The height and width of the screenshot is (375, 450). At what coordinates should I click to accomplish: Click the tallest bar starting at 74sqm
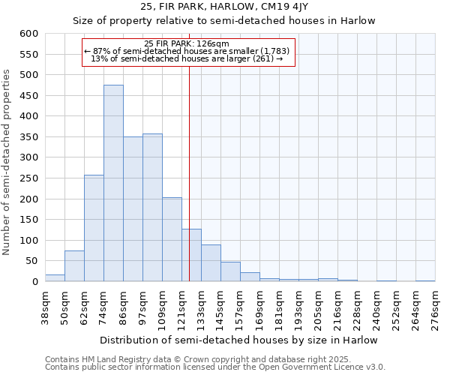(113, 184)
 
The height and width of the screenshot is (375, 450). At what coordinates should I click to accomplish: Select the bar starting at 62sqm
(94, 229)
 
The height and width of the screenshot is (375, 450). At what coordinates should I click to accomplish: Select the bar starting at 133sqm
(211, 263)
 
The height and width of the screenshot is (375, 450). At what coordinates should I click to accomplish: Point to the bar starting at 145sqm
(230, 271)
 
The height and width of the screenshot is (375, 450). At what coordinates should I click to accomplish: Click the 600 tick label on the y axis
(29, 34)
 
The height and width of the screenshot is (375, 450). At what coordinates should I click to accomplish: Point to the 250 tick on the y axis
(29, 178)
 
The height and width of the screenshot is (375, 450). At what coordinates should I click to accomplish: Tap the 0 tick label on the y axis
(35, 282)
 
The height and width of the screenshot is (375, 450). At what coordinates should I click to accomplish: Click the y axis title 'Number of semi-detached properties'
(7, 162)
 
